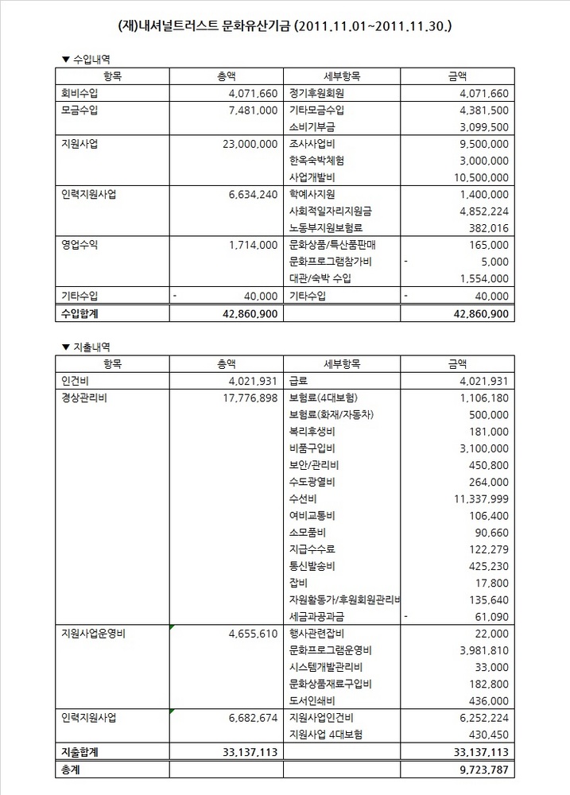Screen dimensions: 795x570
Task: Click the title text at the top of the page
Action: coord(285,25)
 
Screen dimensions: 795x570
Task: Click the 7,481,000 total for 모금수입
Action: coord(252,110)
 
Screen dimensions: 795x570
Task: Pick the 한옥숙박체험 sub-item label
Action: coord(316,160)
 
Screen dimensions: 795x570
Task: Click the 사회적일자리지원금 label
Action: coord(331,211)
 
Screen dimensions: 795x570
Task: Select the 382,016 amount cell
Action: coord(487,227)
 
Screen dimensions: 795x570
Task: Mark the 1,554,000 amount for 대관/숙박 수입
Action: coord(483,278)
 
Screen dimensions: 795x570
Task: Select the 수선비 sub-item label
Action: coord(304,499)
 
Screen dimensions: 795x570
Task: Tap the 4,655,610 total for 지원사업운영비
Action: coord(252,634)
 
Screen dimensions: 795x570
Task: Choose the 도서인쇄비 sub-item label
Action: coord(312,700)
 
